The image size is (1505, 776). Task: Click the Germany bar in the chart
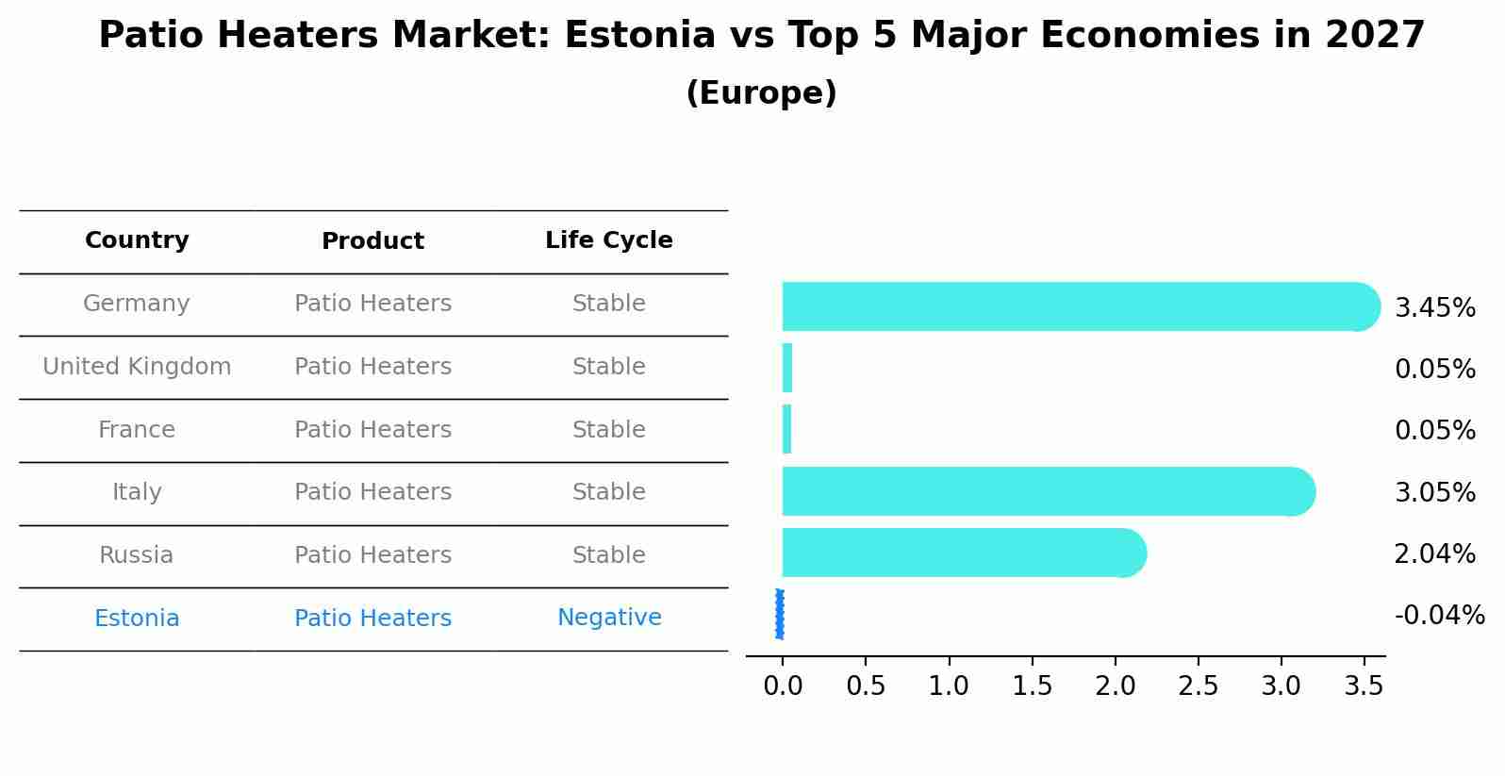pos(1075,306)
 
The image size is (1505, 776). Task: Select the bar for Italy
pos(1042,491)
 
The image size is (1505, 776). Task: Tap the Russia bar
pos(957,553)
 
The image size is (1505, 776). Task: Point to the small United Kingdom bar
pos(787,368)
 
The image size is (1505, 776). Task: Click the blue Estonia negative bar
pos(780,615)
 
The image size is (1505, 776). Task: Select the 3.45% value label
pos(1434,308)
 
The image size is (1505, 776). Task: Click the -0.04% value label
pos(1439,616)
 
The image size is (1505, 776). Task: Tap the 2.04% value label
pos(1434,554)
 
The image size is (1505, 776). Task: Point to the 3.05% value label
pos(1434,493)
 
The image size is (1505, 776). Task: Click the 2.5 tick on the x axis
pos(1198,686)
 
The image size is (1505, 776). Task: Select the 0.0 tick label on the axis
pos(783,686)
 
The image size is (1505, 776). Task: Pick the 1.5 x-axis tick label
pos(1032,686)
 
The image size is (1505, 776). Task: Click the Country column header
pos(137,240)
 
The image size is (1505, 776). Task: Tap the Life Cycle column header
pos(608,240)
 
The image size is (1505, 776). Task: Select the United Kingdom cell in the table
pos(137,367)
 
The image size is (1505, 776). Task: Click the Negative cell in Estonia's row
pos(608,618)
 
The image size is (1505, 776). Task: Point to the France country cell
pos(137,430)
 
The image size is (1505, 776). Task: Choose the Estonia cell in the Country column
pos(137,619)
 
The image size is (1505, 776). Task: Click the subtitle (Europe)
pos(761,93)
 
